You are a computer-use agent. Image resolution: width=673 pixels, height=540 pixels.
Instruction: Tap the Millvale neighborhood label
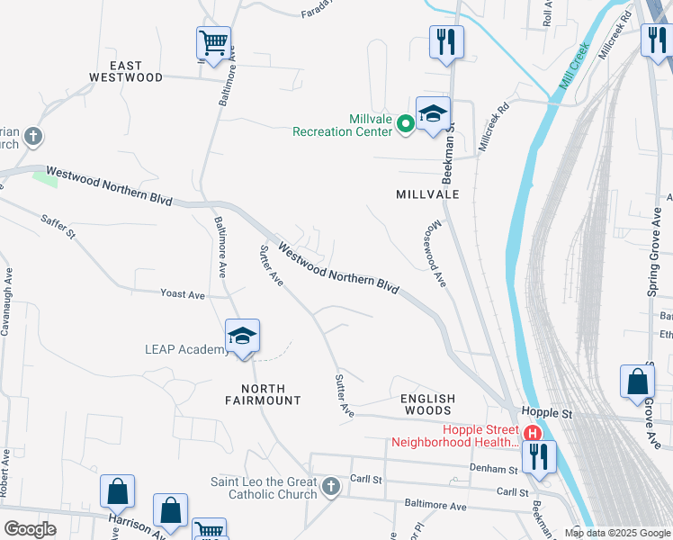(x=427, y=194)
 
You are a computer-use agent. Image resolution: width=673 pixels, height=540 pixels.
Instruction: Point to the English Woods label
(x=428, y=404)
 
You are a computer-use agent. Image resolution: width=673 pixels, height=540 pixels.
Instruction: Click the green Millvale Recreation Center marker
(x=406, y=123)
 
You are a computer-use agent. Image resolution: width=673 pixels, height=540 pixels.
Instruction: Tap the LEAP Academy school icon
(x=243, y=337)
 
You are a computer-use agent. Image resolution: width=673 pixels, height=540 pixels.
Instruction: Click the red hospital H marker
(x=533, y=433)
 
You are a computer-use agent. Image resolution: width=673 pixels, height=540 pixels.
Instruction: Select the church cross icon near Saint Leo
(x=330, y=487)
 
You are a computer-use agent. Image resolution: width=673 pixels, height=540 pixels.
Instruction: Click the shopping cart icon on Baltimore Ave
(x=214, y=42)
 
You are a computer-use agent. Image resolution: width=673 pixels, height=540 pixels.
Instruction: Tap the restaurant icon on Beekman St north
(x=446, y=41)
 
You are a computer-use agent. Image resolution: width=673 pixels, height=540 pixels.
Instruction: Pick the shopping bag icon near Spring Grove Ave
(x=637, y=381)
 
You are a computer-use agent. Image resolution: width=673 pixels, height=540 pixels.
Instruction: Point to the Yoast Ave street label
(x=183, y=294)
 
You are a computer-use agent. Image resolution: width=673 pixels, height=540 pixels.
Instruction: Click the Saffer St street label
(x=58, y=225)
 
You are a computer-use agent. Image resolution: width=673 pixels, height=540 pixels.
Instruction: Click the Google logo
(x=30, y=529)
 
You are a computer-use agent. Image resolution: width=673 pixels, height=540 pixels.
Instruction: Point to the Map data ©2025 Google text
(x=616, y=533)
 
